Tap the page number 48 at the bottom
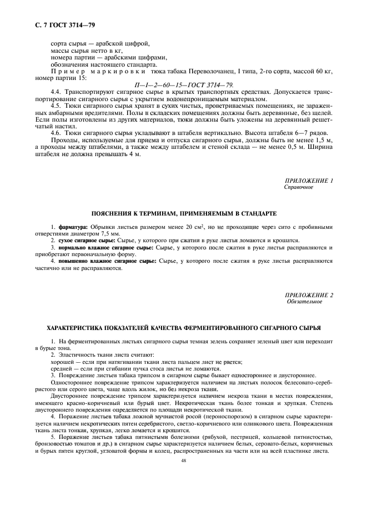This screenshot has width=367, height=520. point(183,461)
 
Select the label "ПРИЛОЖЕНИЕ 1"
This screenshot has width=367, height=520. point(309,181)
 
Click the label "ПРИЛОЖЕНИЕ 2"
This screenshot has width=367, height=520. point(309,295)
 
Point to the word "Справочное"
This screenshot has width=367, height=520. point(299,187)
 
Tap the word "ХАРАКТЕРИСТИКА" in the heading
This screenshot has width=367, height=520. point(85,328)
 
